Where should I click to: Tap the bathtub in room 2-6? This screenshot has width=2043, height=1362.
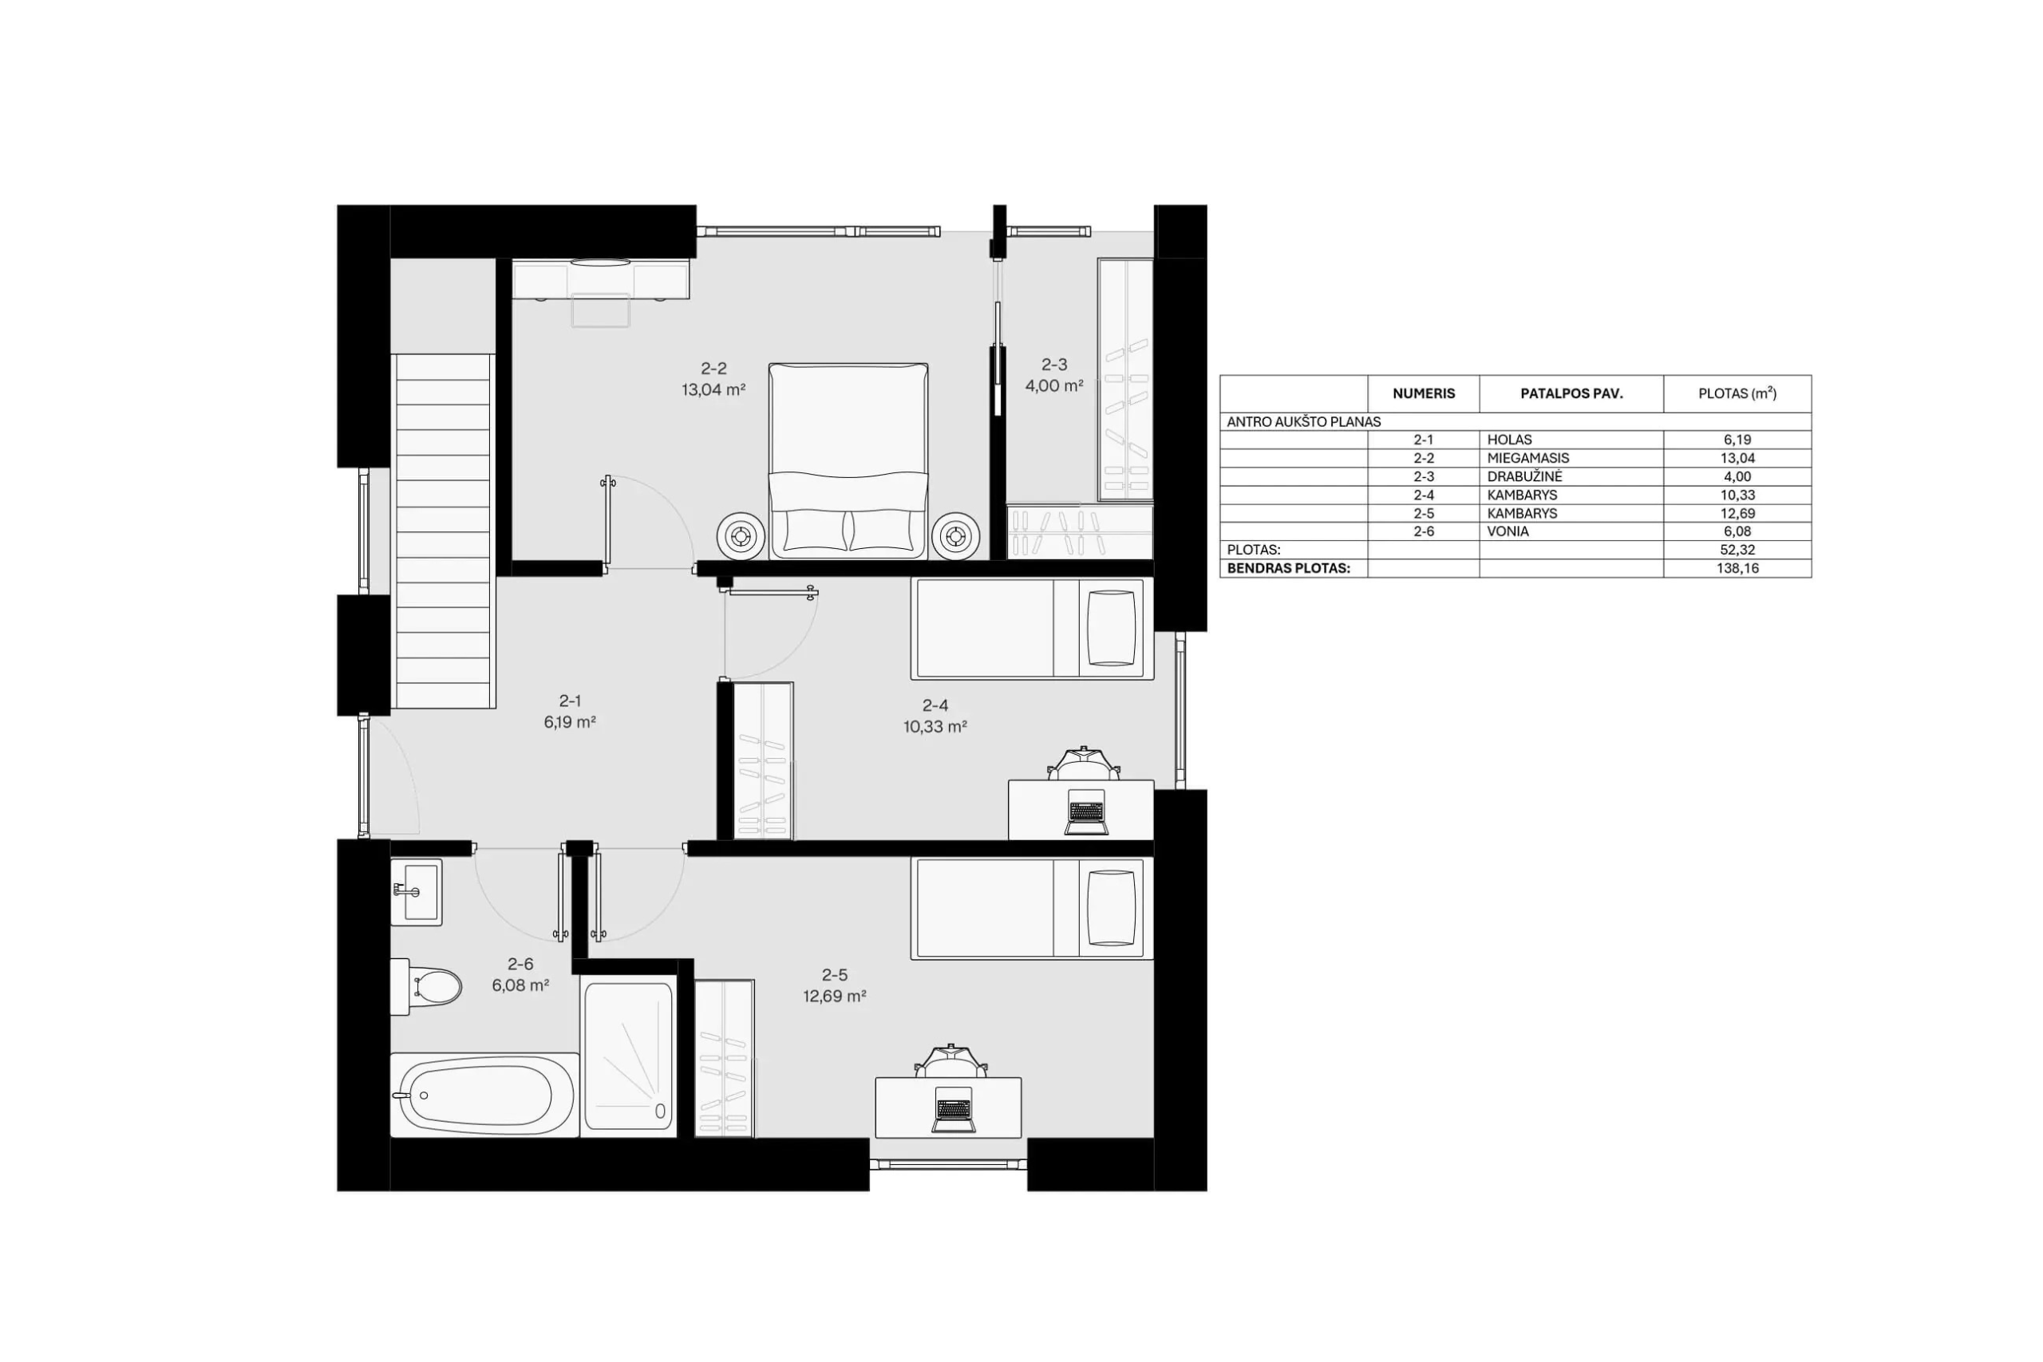pos(484,1095)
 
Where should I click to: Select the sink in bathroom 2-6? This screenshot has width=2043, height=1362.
pos(416,892)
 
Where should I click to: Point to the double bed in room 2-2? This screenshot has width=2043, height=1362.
pos(848,461)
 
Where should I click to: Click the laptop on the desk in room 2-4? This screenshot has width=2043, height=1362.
pos(1086,812)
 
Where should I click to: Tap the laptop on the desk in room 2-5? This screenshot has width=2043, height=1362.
pos(953,1110)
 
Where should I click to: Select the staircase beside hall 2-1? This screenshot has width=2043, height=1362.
pos(444,531)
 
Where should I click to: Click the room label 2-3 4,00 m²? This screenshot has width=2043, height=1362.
pos(1053,375)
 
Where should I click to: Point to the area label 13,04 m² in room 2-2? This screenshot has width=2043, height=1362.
pos(713,390)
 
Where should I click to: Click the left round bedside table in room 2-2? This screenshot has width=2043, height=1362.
pos(741,537)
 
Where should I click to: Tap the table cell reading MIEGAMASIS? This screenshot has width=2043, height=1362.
pos(1528,458)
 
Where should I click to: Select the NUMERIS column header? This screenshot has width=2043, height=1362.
pos(1424,393)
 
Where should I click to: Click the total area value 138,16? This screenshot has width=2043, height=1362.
pos(1737,568)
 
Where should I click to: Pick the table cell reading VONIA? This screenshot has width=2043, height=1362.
pos(1508,531)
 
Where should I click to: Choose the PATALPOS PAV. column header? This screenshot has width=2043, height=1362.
pos(1571,393)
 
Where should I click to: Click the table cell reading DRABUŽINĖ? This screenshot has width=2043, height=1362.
pos(1524,476)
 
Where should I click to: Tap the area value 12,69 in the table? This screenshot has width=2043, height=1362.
pos(1737,512)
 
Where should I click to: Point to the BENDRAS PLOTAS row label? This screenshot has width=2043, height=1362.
pos(1288,568)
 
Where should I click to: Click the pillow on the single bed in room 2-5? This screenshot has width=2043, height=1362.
pos(1111,908)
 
